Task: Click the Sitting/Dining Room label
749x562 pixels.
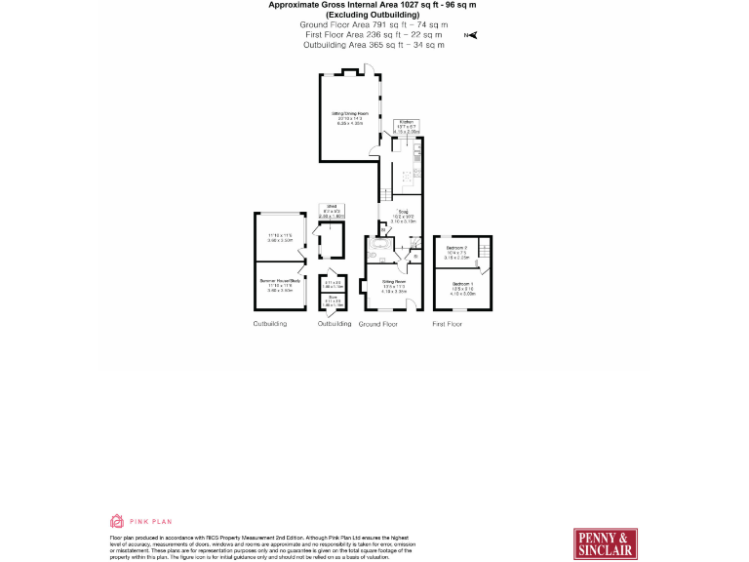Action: (350, 118)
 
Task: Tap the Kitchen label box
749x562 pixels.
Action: (407, 126)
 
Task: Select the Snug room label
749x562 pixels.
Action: (402, 216)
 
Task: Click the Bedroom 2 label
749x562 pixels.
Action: (457, 252)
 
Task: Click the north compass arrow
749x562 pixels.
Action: (473, 36)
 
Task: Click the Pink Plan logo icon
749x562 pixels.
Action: (117, 521)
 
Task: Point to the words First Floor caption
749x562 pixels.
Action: (448, 323)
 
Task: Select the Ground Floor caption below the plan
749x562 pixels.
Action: (378, 323)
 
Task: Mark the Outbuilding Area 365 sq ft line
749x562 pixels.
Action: (374, 45)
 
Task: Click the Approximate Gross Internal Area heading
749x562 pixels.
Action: (374, 5)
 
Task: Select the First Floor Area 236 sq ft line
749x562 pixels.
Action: (374, 34)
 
